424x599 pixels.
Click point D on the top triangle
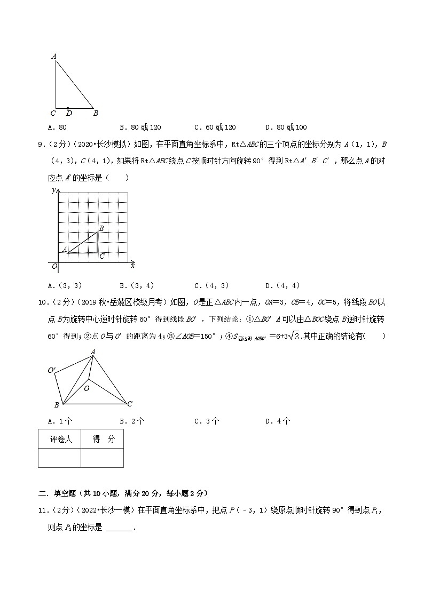click(x=68, y=108)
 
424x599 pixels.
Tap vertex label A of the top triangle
click(x=54, y=55)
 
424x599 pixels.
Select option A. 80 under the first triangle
click(x=57, y=127)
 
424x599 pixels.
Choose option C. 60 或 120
click(x=215, y=127)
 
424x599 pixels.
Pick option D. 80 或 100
click(x=286, y=127)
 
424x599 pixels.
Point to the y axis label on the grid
click(x=53, y=190)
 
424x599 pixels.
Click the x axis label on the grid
click(x=132, y=265)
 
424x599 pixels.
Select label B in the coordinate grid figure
click(x=101, y=228)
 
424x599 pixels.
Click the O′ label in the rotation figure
click(x=52, y=370)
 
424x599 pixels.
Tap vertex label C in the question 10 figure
click(x=130, y=404)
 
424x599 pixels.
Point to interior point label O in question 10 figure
click(x=87, y=389)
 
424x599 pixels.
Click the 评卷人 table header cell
click(x=59, y=440)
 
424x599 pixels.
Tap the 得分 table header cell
click(x=103, y=440)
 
